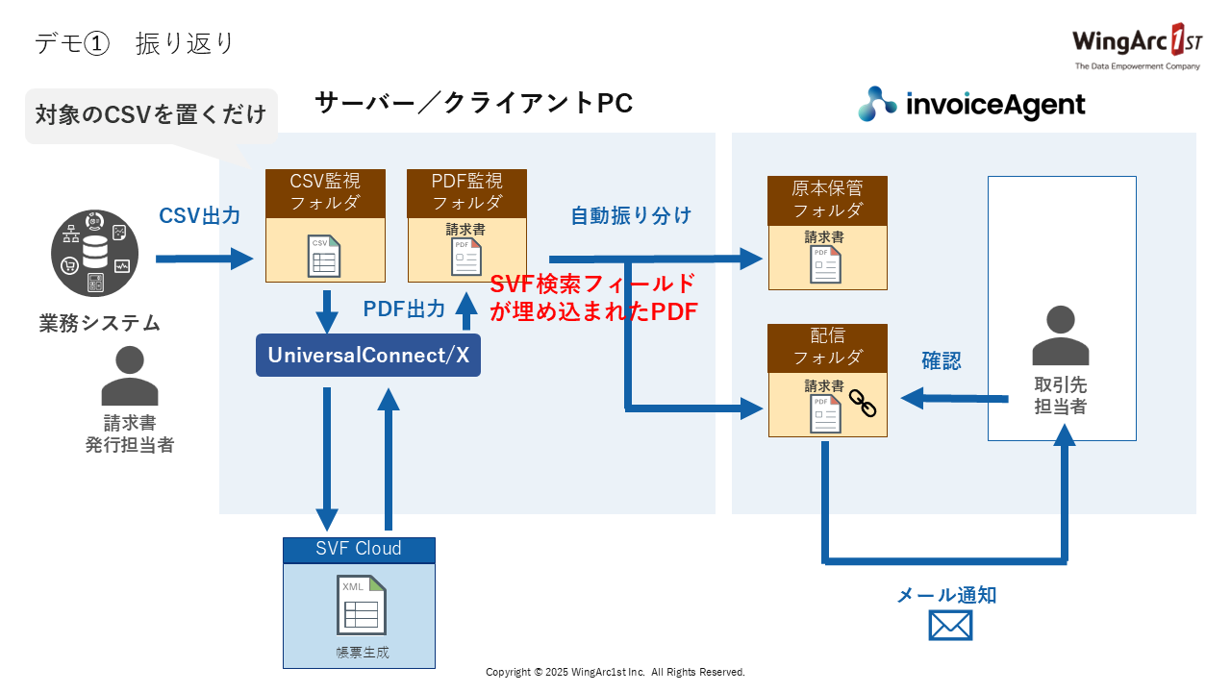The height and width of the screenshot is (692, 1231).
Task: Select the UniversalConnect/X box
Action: tap(368, 355)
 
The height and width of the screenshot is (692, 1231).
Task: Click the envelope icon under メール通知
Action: tap(950, 626)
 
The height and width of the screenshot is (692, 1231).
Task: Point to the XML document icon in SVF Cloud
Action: tap(361, 605)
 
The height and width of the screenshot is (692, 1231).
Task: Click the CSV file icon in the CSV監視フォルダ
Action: tap(324, 256)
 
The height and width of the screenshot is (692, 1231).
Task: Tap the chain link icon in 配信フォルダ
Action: tap(863, 402)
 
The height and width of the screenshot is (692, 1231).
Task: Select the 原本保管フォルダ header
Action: tap(827, 199)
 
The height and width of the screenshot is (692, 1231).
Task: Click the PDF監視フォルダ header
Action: tap(466, 191)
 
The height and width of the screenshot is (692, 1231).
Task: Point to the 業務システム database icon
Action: tap(95, 254)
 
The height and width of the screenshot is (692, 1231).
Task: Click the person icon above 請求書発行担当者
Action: tap(130, 376)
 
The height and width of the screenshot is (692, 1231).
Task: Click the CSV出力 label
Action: tap(200, 216)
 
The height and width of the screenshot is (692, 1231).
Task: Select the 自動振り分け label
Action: tap(631, 215)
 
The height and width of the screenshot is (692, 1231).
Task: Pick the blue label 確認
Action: tap(942, 361)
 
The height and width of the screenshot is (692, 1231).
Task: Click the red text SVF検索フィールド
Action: tap(592, 284)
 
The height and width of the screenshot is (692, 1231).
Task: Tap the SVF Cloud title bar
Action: tap(359, 550)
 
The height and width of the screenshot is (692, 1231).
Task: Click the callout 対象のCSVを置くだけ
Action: tap(151, 115)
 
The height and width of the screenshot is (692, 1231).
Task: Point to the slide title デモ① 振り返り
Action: tap(136, 44)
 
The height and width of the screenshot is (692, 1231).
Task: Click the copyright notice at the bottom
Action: tap(615, 672)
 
